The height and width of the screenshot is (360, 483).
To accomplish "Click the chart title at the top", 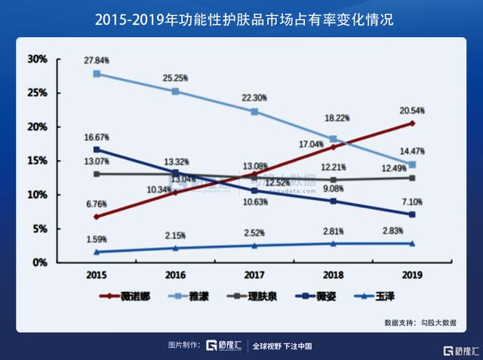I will (241, 16).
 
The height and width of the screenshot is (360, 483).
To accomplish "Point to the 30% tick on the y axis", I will (37, 59).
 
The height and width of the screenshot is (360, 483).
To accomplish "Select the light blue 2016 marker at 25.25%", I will (176, 91).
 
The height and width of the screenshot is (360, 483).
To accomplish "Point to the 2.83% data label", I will (412, 232).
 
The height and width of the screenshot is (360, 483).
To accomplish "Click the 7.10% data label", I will (412, 202).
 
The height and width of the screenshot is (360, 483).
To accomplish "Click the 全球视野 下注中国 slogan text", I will (281, 346).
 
